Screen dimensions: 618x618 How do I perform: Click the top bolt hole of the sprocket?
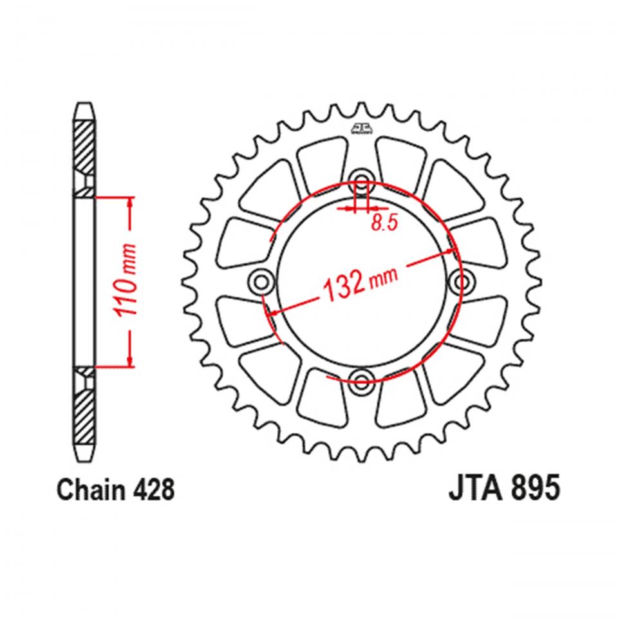click(x=362, y=180)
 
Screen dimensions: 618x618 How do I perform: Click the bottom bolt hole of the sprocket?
click(x=362, y=380)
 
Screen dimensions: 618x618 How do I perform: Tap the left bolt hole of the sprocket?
click(x=261, y=281)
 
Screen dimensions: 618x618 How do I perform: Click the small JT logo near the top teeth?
click(x=362, y=130)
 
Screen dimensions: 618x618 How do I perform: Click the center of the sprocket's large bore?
click(x=362, y=281)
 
